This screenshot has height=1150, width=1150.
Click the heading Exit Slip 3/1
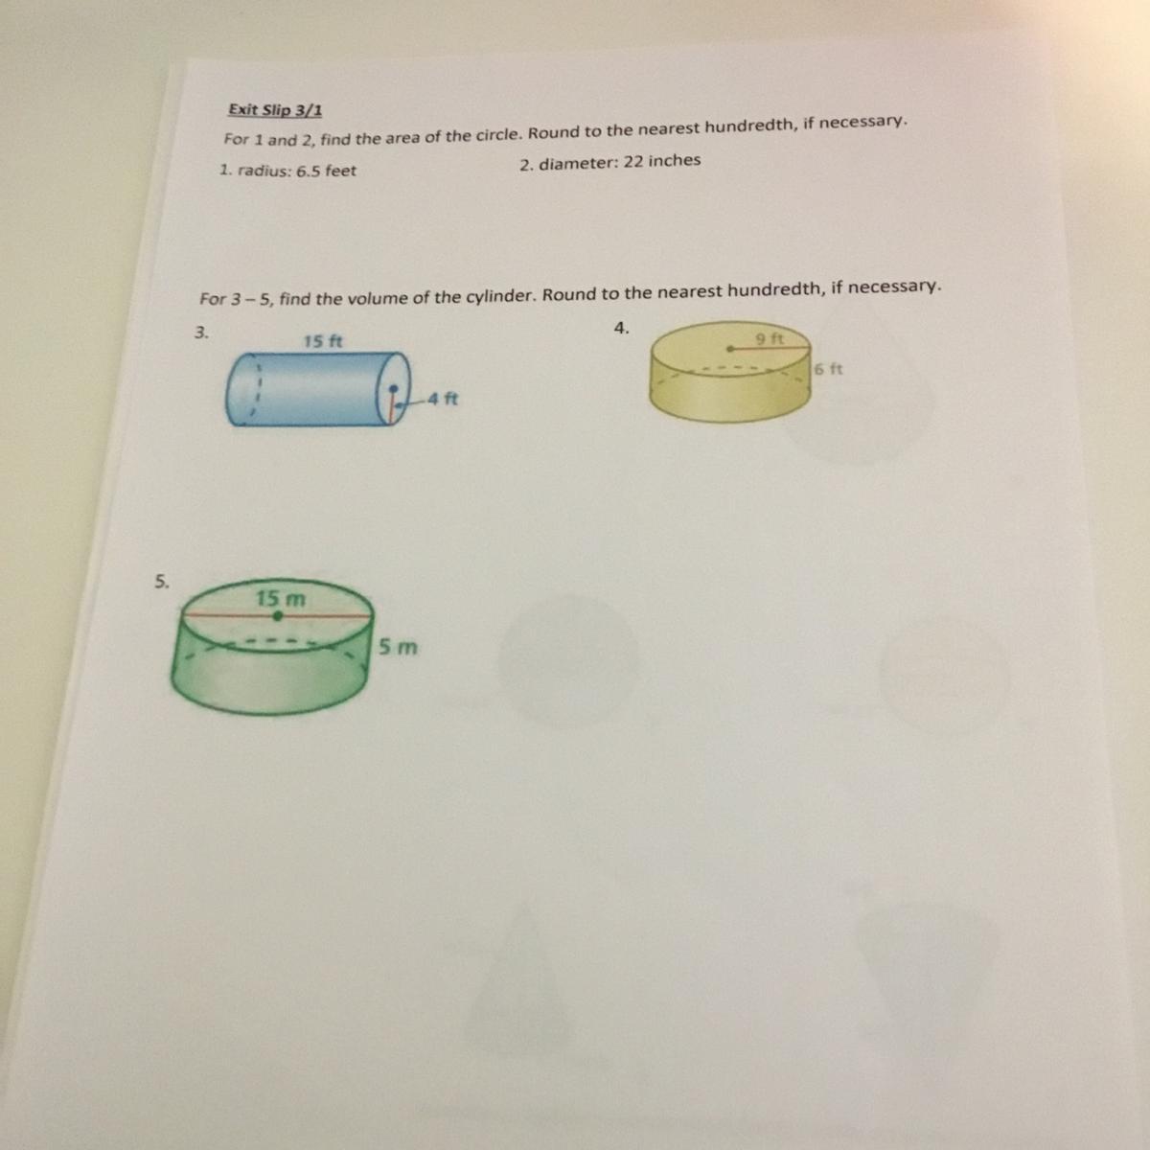(x=275, y=110)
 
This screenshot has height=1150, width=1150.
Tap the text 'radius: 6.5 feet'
(x=296, y=171)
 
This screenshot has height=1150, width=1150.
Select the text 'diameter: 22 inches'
(x=619, y=162)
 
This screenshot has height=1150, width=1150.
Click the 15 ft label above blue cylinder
(x=323, y=341)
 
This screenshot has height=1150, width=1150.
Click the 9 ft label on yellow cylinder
(x=770, y=339)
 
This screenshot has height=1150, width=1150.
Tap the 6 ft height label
(x=828, y=369)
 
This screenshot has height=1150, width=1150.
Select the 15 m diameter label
(x=281, y=598)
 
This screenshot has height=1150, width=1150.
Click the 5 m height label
(x=398, y=646)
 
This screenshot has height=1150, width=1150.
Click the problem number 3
(x=201, y=333)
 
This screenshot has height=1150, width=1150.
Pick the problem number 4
(x=621, y=328)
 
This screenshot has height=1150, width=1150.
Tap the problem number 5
(x=162, y=582)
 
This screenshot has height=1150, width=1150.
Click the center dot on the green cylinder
(x=278, y=615)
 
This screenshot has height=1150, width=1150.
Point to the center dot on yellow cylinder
(x=730, y=349)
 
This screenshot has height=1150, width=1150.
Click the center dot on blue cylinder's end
(x=393, y=388)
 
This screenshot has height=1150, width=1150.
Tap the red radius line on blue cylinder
(x=392, y=405)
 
